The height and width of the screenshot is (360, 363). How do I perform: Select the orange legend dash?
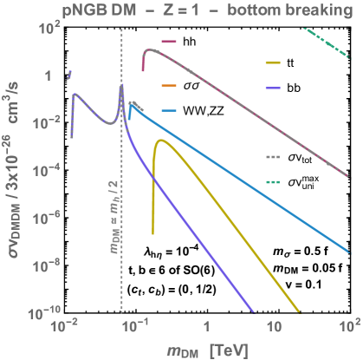pos(169,87)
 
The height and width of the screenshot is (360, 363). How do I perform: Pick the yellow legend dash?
pos(274,64)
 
